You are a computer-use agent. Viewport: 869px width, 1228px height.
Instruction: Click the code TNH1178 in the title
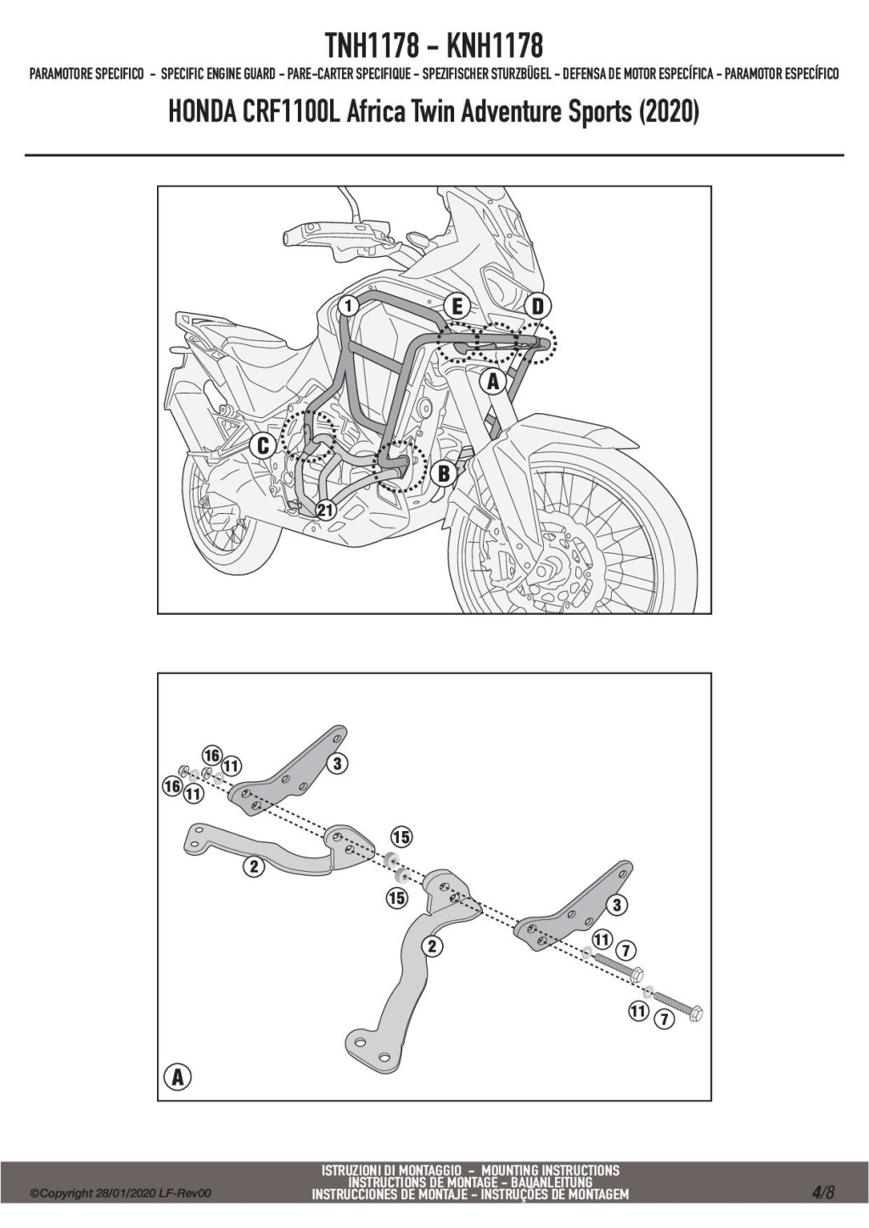pyautogui.click(x=372, y=46)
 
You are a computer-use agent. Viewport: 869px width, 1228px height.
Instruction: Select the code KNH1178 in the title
pyautogui.click(x=495, y=46)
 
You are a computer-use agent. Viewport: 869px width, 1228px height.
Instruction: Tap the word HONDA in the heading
pyautogui.click(x=201, y=113)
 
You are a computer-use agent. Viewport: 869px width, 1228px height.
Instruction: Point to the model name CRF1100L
pyautogui.click(x=291, y=113)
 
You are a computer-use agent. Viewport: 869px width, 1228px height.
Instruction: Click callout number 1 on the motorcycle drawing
pyautogui.click(x=349, y=305)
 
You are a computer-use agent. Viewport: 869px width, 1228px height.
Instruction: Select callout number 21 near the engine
pyautogui.click(x=325, y=510)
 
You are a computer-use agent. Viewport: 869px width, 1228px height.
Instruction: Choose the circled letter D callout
pyautogui.click(x=538, y=307)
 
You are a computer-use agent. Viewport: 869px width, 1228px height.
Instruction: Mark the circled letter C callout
pyautogui.click(x=262, y=446)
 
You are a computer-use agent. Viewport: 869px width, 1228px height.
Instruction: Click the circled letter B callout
pyautogui.click(x=443, y=474)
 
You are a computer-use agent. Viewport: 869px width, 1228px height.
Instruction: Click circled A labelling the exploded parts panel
pyautogui.click(x=177, y=1077)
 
